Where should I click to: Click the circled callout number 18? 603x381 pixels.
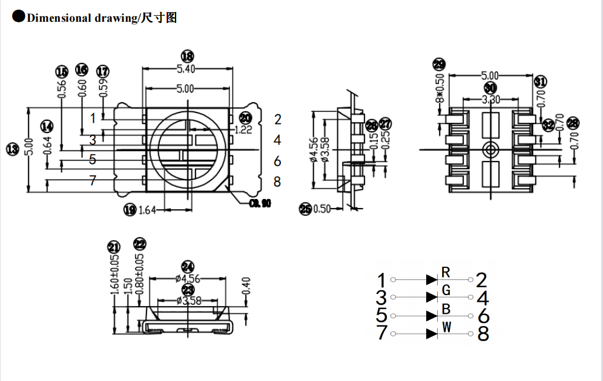[x=187, y=56]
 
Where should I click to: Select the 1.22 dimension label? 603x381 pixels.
[x=243, y=129]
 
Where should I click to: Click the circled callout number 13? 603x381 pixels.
[x=11, y=149]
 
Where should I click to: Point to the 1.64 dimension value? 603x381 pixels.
[x=148, y=210]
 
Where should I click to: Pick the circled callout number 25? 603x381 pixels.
[x=306, y=209]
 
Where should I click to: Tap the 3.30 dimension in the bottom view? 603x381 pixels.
[x=490, y=99]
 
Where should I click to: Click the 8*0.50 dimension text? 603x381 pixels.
[x=440, y=88]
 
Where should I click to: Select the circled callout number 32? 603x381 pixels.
[x=548, y=125]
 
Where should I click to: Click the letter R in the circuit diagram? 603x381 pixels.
[x=446, y=270]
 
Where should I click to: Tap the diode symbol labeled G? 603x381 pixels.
[x=432, y=297]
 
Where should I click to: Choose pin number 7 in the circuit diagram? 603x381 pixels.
[x=381, y=333]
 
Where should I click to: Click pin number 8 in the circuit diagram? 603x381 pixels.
[x=483, y=334]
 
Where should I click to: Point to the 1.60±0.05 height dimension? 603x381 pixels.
[x=114, y=275]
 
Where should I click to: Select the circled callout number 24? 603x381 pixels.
[x=188, y=267]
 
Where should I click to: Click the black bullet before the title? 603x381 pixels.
[x=18, y=17]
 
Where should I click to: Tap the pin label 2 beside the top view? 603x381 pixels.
[x=277, y=119]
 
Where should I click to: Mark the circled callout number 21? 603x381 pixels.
[x=113, y=247]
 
